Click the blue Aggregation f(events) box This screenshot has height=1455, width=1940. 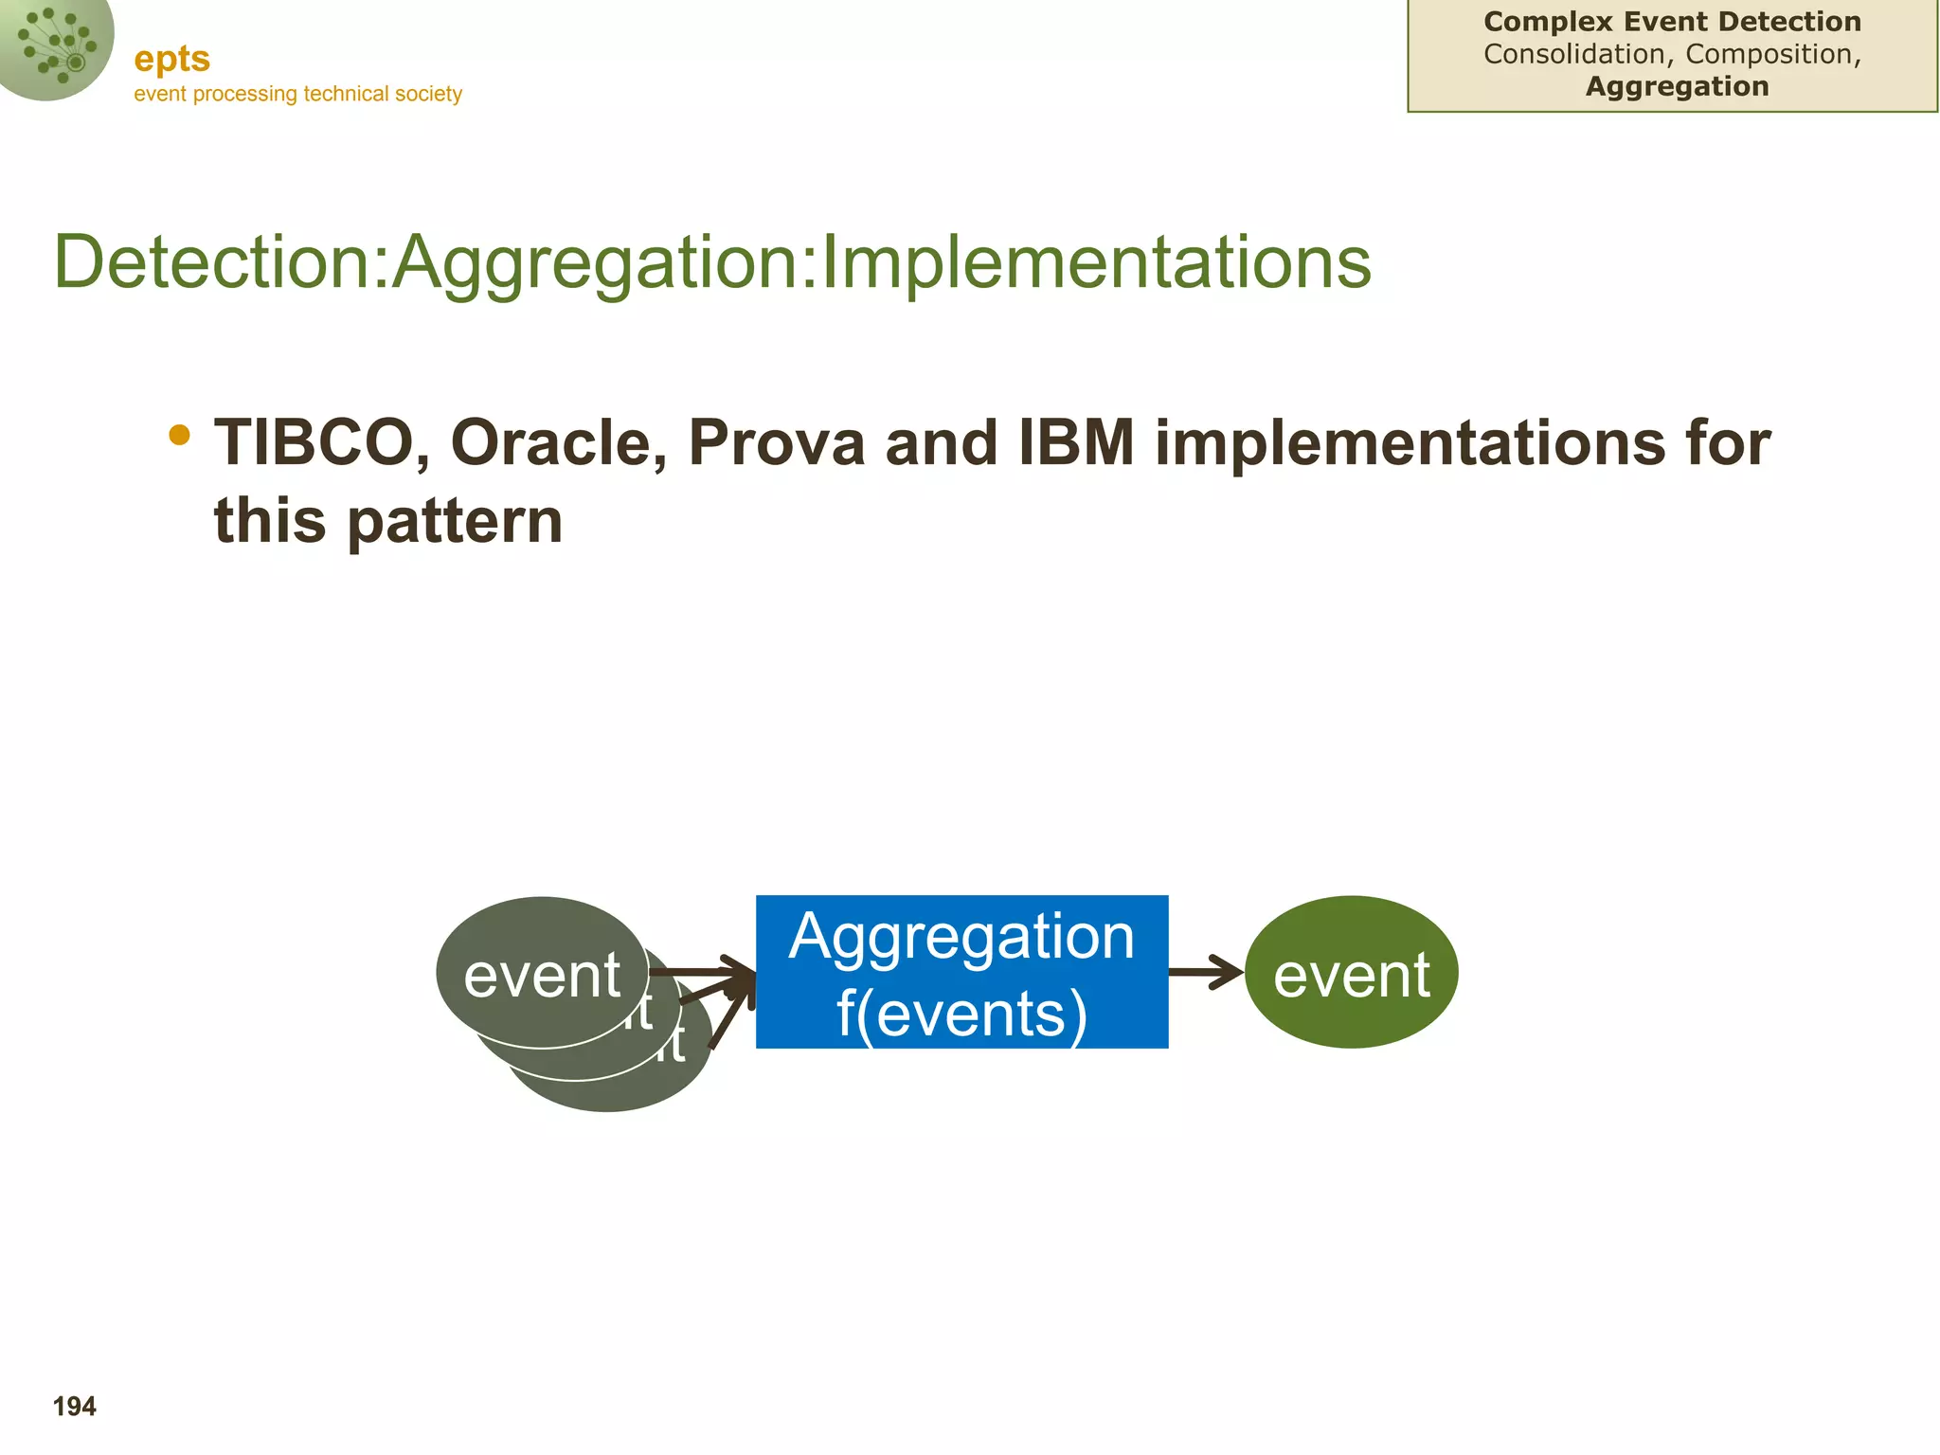pos(961,971)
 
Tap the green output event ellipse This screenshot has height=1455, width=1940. pos(1352,972)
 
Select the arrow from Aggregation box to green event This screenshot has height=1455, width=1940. pos(1206,972)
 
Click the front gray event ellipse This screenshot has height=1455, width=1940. pos(543,972)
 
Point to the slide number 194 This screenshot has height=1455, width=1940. pos(75,1407)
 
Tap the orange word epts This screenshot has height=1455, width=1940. pos(172,60)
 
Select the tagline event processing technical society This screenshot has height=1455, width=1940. pos(298,94)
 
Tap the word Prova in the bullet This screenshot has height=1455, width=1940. pos(776,443)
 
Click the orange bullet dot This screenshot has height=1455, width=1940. pos(179,435)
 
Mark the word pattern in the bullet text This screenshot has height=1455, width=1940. pos(456,522)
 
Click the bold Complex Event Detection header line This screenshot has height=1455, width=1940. pos(1673,22)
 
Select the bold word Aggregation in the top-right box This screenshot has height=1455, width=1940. pos(1678,86)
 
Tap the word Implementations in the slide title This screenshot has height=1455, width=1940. pos(1096,262)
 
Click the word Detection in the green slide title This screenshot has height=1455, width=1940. pos(214,261)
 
